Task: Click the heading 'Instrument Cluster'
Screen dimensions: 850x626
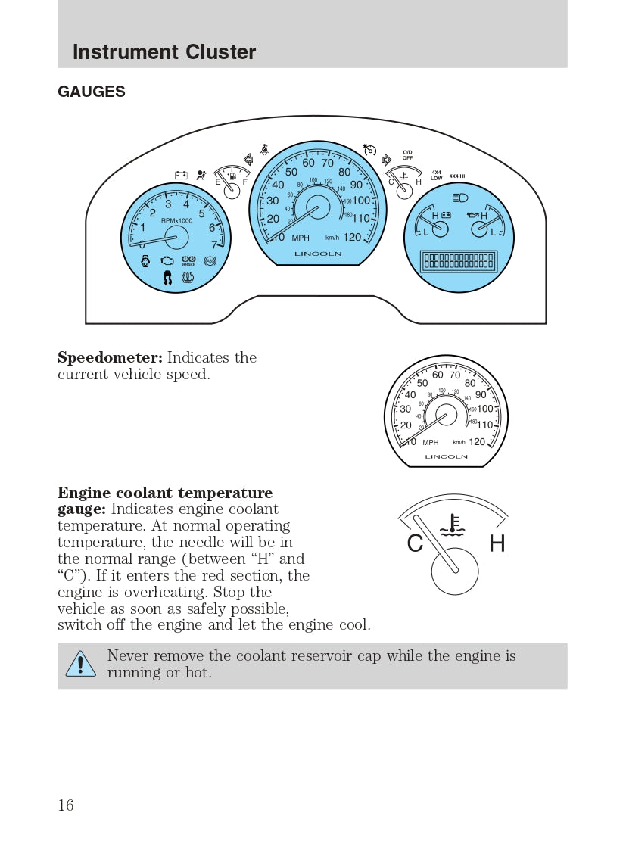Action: (x=164, y=52)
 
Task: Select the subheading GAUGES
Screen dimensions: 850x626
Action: (x=92, y=92)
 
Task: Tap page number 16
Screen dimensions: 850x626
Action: (x=66, y=805)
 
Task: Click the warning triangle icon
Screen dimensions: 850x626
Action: (x=79, y=664)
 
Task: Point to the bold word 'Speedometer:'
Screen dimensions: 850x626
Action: (x=111, y=357)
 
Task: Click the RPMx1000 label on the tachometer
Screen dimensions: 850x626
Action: (x=177, y=220)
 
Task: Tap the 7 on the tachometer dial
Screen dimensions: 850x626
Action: (x=214, y=244)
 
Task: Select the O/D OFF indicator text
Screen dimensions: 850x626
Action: (x=407, y=155)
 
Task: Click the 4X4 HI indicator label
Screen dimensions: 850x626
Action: (x=457, y=176)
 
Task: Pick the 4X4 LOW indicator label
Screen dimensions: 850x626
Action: (x=437, y=176)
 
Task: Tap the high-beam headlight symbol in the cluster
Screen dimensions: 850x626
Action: (x=460, y=198)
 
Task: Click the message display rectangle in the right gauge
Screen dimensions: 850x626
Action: (x=459, y=262)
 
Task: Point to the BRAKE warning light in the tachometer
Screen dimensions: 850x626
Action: (x=189, y=261)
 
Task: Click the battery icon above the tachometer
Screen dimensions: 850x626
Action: (x=181, y=175)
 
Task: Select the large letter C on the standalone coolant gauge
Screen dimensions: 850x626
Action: (x=415, y=543)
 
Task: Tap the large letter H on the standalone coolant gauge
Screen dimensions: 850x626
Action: (x=497, y=543)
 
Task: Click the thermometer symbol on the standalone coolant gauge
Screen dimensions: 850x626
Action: (x=453, y=524)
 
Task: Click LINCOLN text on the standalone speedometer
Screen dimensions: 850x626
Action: (x=446, y=456)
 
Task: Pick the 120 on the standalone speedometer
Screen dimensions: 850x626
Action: (x=477, y=442)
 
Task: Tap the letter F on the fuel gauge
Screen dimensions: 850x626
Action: (x=244, y=182)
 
